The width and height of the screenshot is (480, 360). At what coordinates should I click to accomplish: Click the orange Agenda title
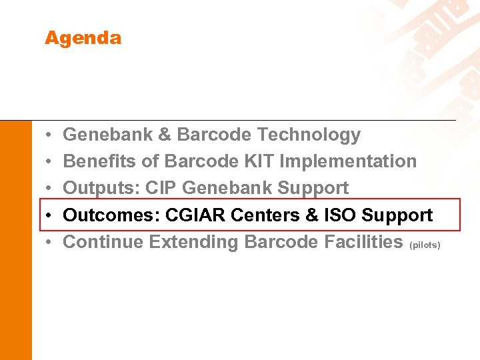[x=83, y=38]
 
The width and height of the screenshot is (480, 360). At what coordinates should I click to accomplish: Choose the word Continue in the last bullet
[x=103, y=242]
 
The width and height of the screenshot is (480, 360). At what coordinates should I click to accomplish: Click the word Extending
[x=194, y=242]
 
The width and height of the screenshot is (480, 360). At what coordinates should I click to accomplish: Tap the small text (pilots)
[x=425, y=245]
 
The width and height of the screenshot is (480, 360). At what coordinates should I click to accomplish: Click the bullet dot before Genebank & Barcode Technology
[x=50, y=135]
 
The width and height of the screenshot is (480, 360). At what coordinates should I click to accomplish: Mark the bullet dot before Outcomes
[x=50, y=216]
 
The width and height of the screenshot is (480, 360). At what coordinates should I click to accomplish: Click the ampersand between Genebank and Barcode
[x=165, y=135]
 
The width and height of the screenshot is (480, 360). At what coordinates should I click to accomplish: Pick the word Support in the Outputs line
[x=313, y=188]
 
